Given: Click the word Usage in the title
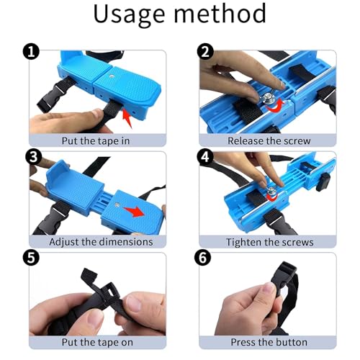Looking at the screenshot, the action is coord(129,14).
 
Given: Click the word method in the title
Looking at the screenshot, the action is coord(220,14).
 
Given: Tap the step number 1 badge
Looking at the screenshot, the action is coord(31,52).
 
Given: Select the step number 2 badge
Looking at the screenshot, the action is coord(205,52).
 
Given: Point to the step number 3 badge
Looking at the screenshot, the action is coord(33,157).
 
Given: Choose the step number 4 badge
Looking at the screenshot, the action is coord(205,157).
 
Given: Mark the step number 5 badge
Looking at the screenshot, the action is coord(31,258).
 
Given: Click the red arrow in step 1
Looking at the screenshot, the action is coord(127,117).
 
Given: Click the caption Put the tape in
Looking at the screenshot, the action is coord(96,141).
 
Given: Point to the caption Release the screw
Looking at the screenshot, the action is coord(269,141).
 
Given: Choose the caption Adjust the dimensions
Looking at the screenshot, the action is coord(101,242).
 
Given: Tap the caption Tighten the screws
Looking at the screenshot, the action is coord(270,242).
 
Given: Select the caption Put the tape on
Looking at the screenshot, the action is coord(97,342).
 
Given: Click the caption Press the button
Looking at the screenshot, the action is coord(269,342).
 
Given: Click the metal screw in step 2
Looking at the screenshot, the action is coord(268,99).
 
